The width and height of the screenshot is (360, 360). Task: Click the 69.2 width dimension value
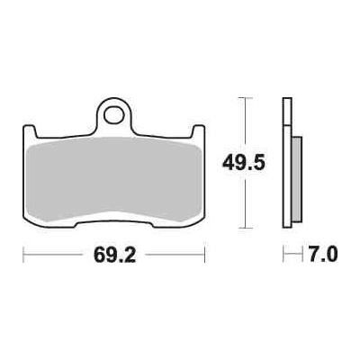coord(115,256)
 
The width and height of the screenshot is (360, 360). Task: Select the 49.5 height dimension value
coord(244,164)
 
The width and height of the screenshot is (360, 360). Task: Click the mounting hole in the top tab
coord(114,114)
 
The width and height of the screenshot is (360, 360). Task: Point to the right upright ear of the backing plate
coord(198,132)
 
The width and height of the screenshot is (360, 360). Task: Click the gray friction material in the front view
coord(114,179)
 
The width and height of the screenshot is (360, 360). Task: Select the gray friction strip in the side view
coord(297,179)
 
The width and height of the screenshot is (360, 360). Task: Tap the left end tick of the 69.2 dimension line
coord(23,255)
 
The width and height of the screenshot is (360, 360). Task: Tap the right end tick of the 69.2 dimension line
coord(204,255)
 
